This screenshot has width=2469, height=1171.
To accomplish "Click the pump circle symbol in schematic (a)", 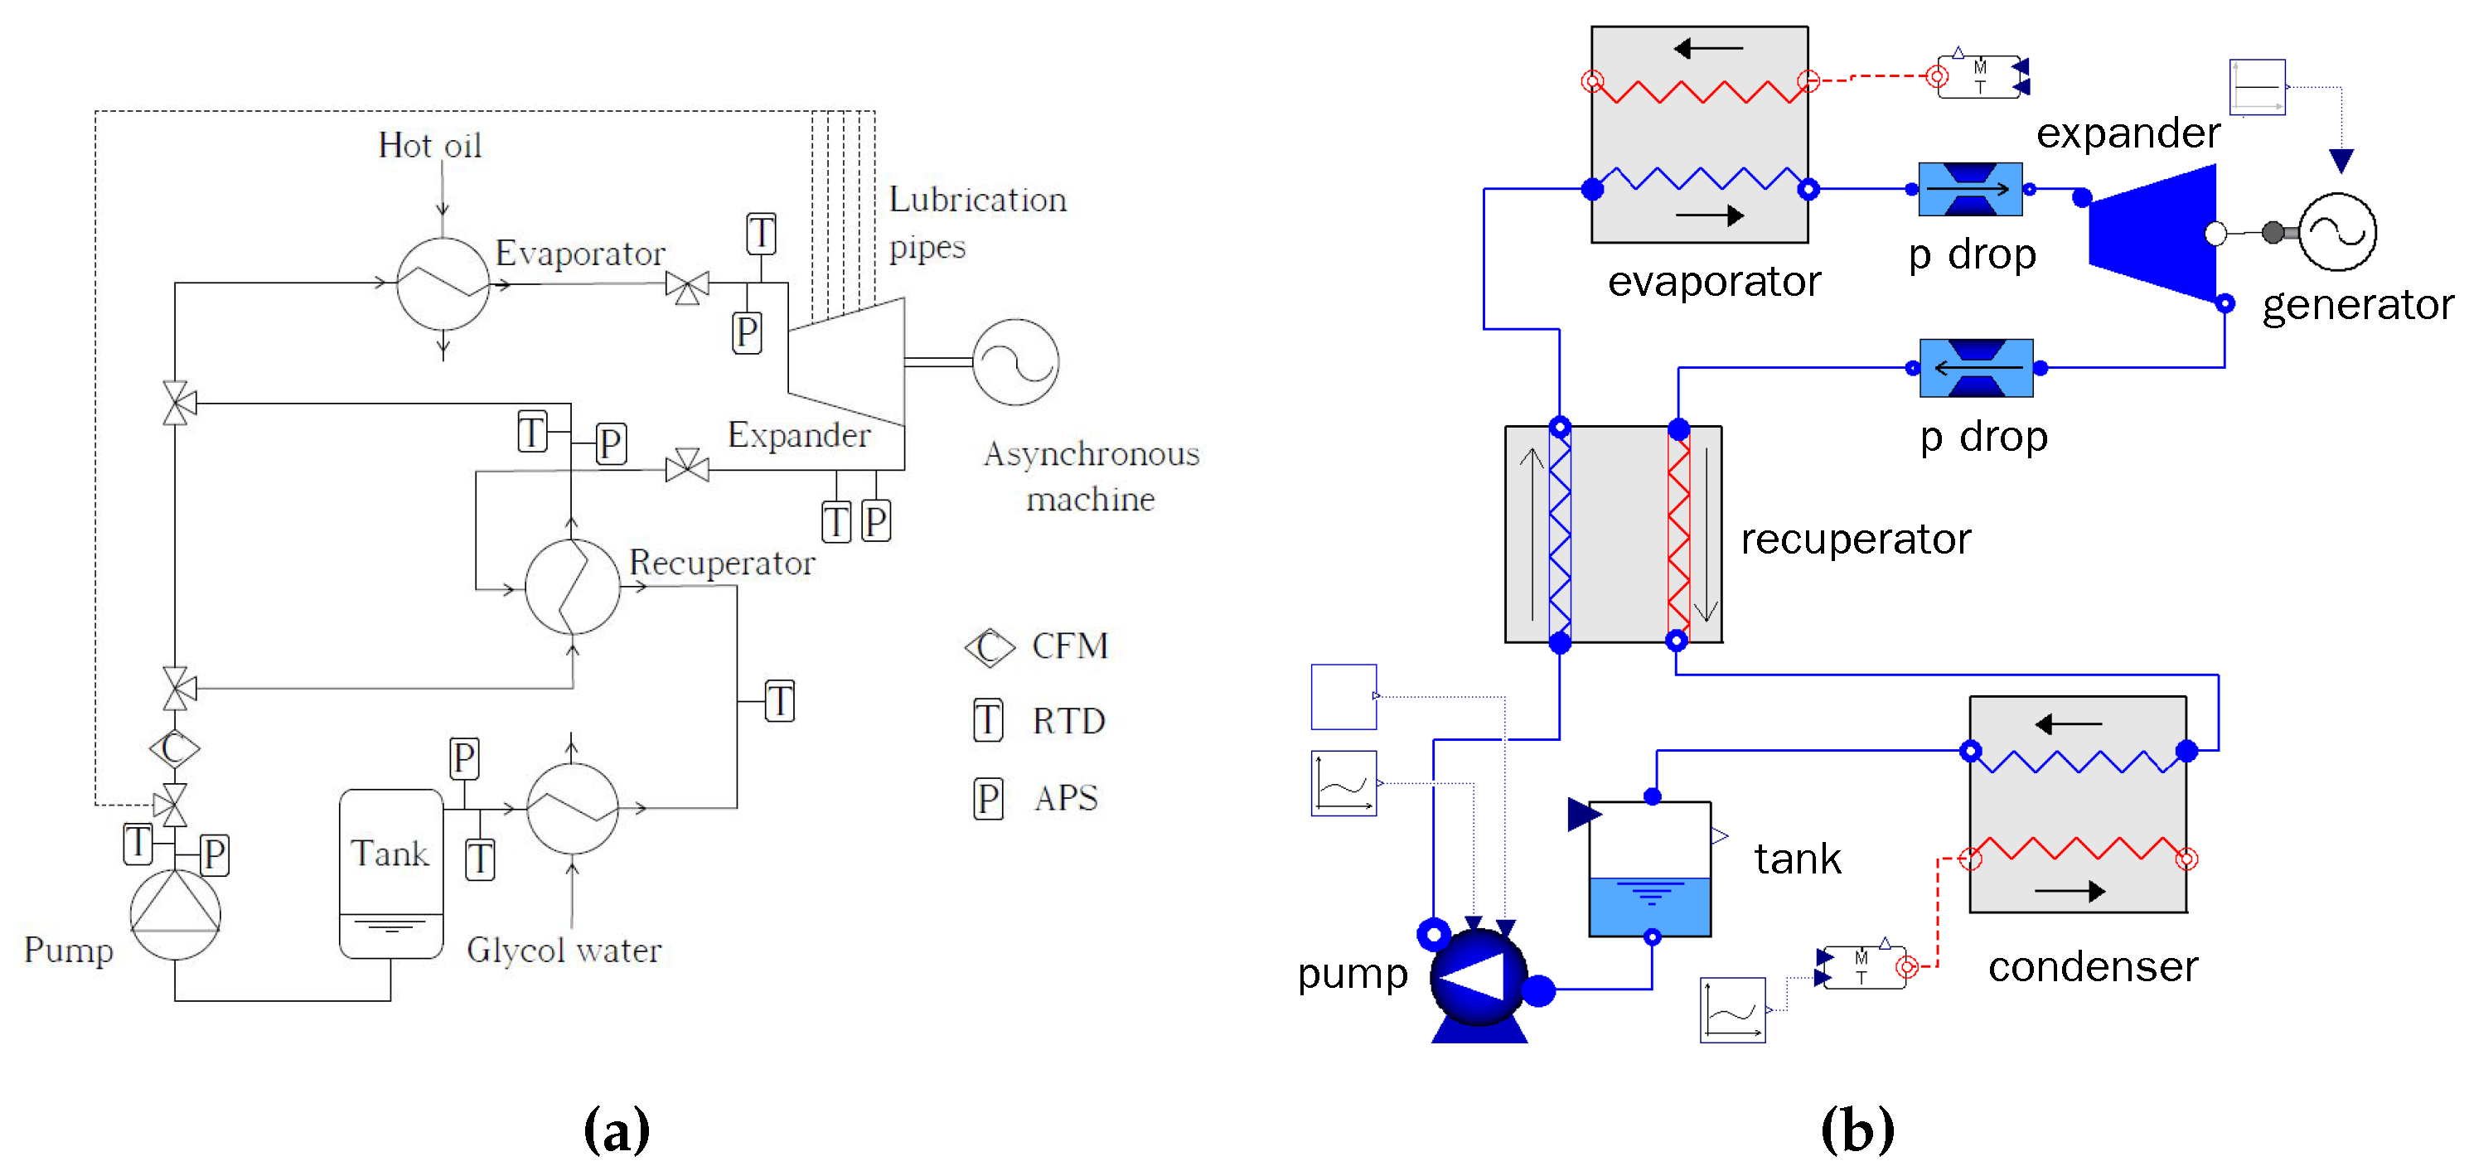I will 176,913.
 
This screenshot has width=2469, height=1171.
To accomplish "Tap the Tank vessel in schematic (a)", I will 391,872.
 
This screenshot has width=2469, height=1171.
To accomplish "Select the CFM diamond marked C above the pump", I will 174,748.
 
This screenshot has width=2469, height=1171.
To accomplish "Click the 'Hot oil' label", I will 429,146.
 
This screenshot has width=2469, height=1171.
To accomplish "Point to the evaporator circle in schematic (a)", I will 443,283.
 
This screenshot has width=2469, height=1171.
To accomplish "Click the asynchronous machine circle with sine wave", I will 1015,362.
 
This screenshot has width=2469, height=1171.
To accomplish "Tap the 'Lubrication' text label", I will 976,200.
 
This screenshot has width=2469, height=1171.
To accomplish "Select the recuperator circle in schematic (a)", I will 572,587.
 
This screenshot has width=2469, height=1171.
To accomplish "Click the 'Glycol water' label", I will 564,950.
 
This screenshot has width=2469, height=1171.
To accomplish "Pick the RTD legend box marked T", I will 987,721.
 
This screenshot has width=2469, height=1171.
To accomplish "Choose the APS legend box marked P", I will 987,798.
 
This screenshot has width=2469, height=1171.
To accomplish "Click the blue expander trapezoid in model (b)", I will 2157,233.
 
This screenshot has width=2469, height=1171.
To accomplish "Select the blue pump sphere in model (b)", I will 1478,975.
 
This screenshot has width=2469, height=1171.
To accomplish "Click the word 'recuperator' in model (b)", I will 1856,539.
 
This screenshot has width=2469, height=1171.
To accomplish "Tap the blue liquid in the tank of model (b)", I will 1649,907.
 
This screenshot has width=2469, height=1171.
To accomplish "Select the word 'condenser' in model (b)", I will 2094,966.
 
